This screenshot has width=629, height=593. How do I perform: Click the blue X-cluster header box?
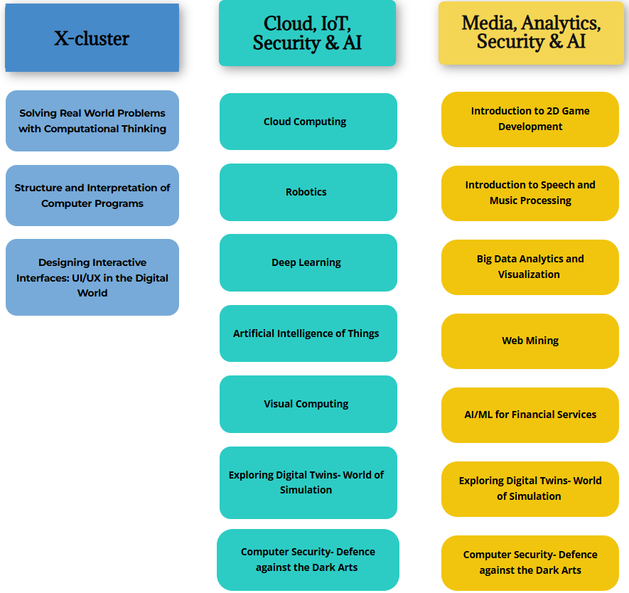pyautogui.click(x=92, y=38)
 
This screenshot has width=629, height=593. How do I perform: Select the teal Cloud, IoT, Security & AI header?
pyautogui.click(x=307, y=33)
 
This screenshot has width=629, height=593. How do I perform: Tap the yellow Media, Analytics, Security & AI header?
pyautogui.click(x=531, y=33)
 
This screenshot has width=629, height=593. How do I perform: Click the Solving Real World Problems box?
pyautogui.click(x=92, y=121)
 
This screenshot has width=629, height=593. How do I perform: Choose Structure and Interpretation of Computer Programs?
pyautogui.click(x=92, y=196)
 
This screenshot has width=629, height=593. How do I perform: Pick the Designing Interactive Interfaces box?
pyautogui.click(x=92, y=277)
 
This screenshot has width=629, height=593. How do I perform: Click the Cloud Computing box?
pyautogui.click(x=308, y=122)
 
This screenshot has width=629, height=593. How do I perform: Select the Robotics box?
pyautogui.click(x=308, y=192)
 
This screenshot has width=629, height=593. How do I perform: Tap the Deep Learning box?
pyautogui.click(x=308, y=262)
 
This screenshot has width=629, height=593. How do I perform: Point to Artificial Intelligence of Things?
pyautogui.click(x=308, y=333)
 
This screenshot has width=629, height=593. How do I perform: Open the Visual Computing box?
pyautogui.click(x=308, y=404)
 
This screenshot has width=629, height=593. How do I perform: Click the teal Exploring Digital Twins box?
pyautogui.click(x=308, y=482)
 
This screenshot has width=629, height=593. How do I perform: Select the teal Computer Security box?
pyautogui.click(x=308, y=560)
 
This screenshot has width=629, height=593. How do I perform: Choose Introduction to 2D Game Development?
pyautogui.click(x=530, y=119)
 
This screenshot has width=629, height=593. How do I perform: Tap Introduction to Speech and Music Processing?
pyautogui.click(x=530, y=193)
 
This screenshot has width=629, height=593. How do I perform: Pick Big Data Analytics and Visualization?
pyautogui.click(x=530, y=267)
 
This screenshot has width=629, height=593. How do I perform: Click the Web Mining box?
pyautogui.click(x=530, y=341)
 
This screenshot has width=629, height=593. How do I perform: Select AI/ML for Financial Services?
pyautogui.click(x=530, y=415)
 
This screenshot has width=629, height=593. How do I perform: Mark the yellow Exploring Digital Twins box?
pyautogui.click(x=530, y=488)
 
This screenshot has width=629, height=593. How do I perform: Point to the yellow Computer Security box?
pyautogui.click(x=530, y=562)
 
